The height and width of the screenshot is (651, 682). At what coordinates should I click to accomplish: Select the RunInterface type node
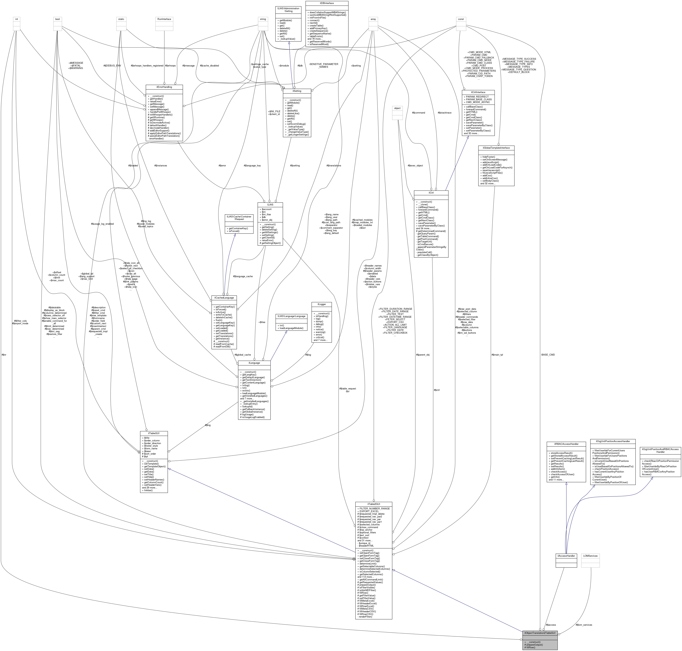164,19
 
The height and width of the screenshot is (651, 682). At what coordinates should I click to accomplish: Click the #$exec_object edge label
415,165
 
